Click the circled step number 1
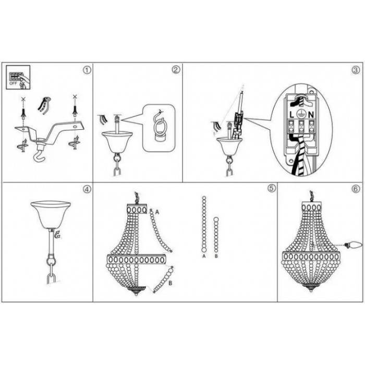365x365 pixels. point(87,70)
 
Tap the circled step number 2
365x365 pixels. point(176,69)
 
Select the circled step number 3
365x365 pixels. point(356,70)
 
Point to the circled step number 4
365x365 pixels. point(87,189)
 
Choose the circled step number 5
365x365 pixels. point(272,189)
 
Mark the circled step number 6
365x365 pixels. point(356,189)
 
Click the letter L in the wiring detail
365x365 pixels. point(291,115)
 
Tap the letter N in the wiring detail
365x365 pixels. point(311,115)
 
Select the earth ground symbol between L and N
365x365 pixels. point(301,114)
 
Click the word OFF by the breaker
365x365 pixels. point(13,83)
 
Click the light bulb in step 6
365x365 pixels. point(354,245)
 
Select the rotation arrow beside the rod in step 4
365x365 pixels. point(57,235)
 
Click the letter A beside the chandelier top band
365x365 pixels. point(157,212)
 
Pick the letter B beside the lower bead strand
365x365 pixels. point(170,283)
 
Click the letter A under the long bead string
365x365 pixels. point(204,256)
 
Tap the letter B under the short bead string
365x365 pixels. point(216,256)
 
